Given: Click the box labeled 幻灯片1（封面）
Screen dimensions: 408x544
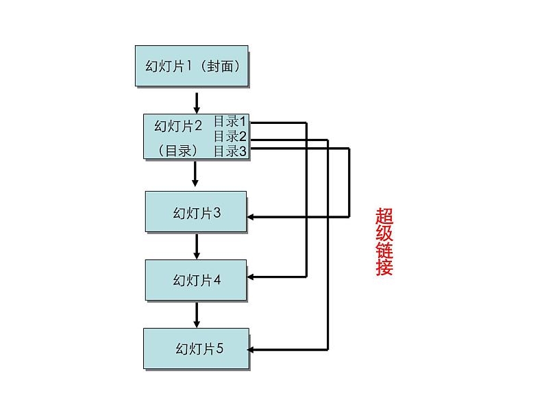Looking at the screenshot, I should [x=191, y=66].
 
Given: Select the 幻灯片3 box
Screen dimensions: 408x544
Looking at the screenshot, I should [x=197, y=212].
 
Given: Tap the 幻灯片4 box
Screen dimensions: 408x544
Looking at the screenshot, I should [x=197, y=280].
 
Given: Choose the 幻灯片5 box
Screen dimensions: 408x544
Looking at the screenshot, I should [x=197, y=348].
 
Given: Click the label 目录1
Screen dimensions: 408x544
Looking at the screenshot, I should [x=230, y=121].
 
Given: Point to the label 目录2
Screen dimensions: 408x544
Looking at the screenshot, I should [x=230, y=136].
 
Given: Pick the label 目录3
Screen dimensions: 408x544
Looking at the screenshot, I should [x=230, y=151].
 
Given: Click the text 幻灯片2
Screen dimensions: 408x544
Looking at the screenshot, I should [x=178, y=126].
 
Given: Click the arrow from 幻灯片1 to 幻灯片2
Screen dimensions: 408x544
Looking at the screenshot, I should [x=197, y=102].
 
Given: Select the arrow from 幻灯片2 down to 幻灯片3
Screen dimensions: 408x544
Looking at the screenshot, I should [x=195, y=174].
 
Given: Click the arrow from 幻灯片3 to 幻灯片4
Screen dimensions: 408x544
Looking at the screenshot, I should [x=197, y=246].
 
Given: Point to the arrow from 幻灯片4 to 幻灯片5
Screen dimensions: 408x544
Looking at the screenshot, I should [x=197, y=314].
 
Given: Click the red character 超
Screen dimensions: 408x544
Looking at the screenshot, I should [x=384, y=216].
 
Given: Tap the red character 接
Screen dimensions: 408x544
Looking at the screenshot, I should [x=384, y=267].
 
